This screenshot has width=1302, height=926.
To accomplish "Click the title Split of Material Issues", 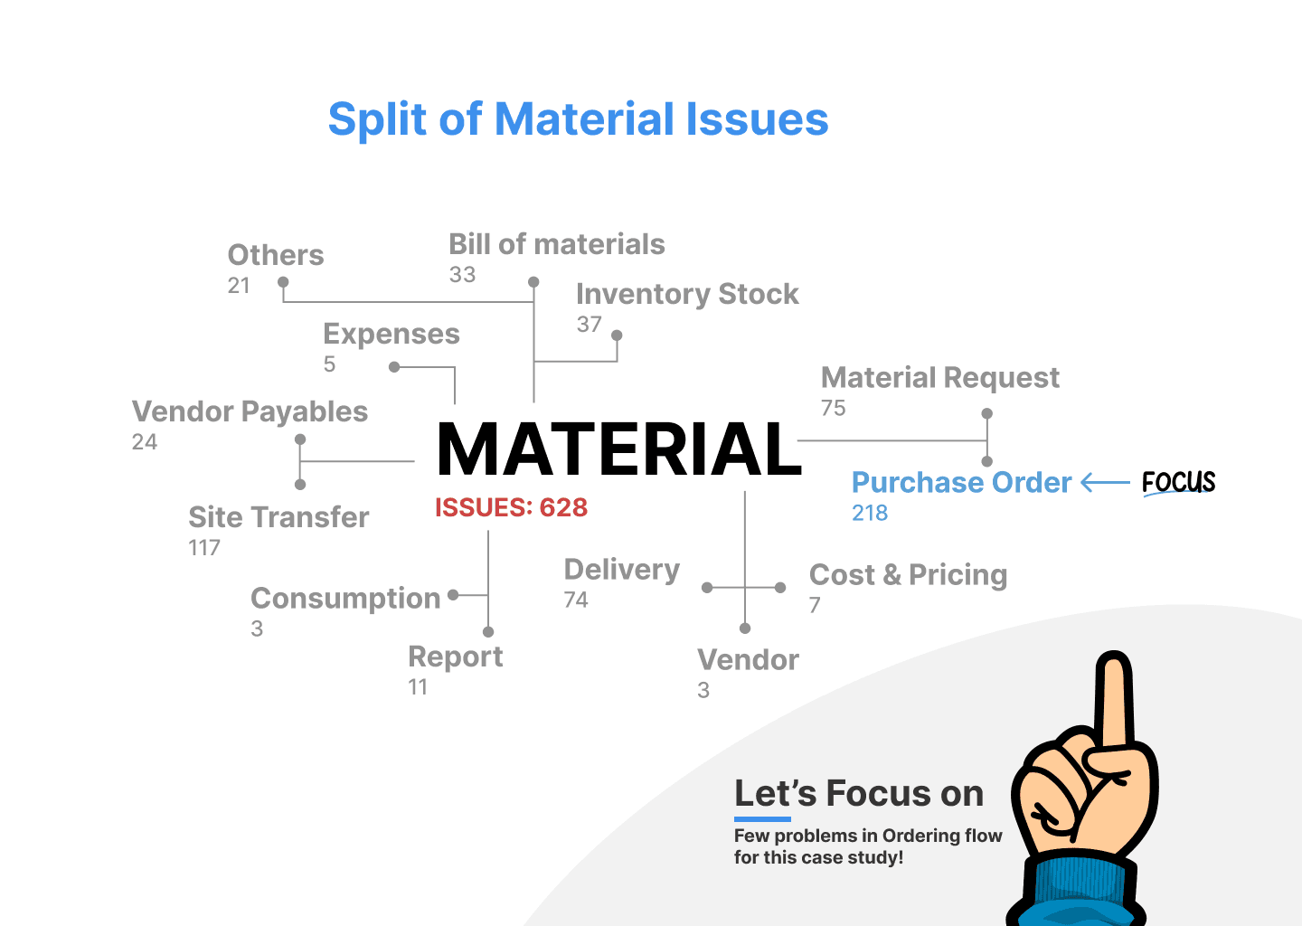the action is [578, 119].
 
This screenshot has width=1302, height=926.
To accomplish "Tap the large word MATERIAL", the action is [618, 449].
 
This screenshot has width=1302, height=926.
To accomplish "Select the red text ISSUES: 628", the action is [511, 507].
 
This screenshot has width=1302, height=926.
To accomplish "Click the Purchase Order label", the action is [961, 482].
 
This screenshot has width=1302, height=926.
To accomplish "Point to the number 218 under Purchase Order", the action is [870, 513].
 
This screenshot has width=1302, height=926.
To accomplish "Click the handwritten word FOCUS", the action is [1178, 482].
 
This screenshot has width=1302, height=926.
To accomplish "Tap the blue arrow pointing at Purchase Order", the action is [1105, 483].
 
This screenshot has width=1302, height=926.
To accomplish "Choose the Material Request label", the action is [939, 377].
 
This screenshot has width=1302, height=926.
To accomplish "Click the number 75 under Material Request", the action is [833, 408].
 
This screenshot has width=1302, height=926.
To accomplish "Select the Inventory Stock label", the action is [687, 294].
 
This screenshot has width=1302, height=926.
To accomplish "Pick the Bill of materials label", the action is [556, 244].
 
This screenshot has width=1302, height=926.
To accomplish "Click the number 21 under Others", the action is [239, 286].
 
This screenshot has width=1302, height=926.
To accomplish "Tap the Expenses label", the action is [392, 334].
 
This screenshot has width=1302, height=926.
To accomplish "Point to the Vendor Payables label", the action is [250, 411].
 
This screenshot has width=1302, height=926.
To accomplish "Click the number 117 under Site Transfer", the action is [204, 548].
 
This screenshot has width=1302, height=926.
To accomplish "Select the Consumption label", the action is [345, 598].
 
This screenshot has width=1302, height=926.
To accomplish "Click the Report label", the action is [455, 657].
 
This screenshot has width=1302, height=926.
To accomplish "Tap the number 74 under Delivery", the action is [576, 600].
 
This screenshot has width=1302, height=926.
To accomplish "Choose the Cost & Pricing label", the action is [908, 574].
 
